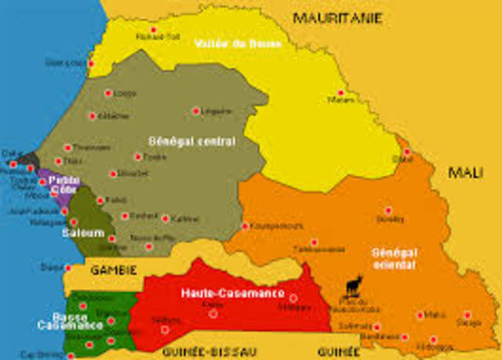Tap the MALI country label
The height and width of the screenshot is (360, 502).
point(465,173)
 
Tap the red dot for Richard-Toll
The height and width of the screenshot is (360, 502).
point(153,29)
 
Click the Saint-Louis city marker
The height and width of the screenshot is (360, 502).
point(91,63)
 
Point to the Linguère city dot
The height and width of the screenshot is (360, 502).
point(196,111)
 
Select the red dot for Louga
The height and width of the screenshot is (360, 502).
point(107,93)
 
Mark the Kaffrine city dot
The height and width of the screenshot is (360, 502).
point(166,218)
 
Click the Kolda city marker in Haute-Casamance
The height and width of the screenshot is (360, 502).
point(213,314)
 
